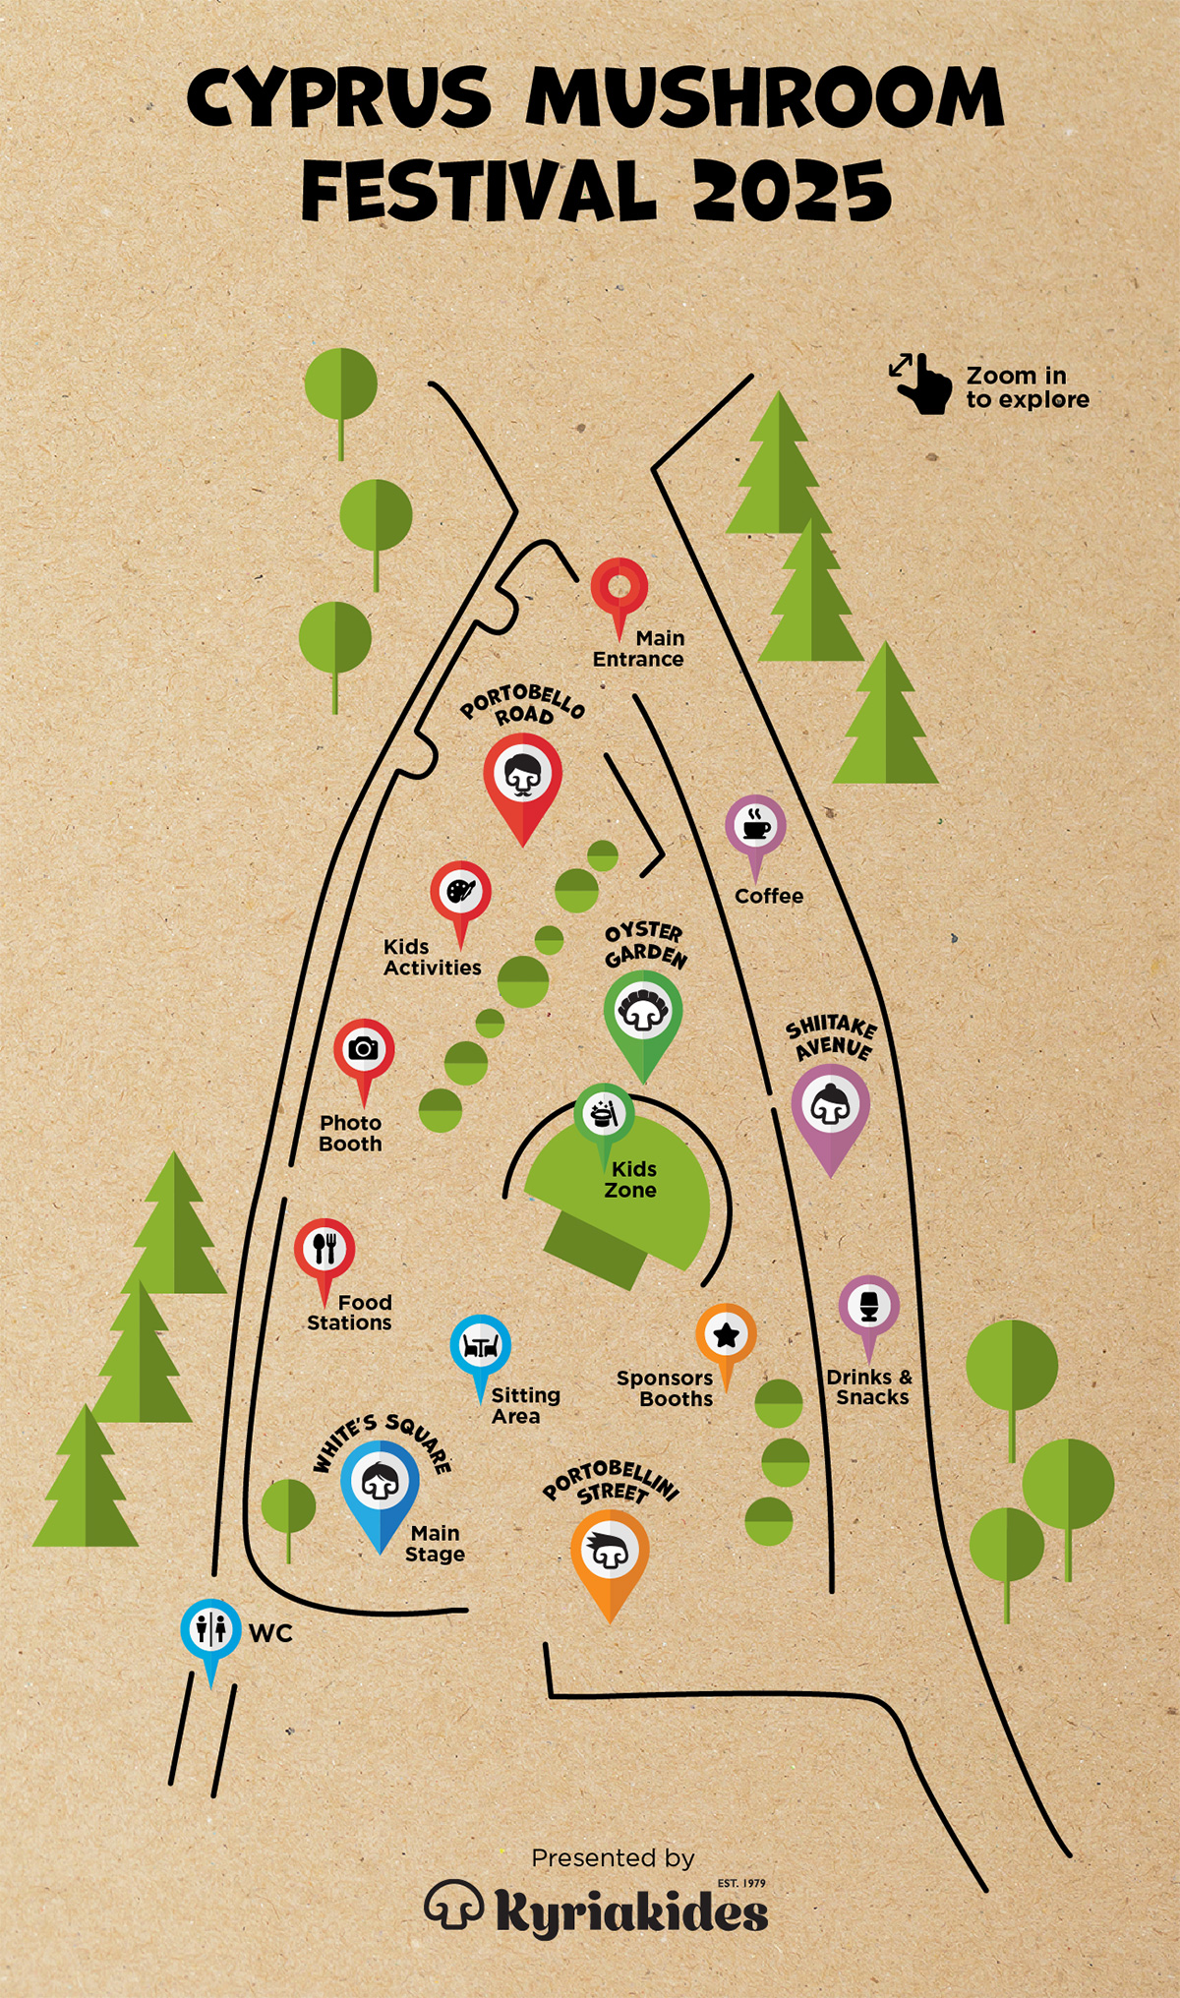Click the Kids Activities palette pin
[x=460, y=893]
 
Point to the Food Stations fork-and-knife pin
[x=324, y=1250]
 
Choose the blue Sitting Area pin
[x=480, y=1346]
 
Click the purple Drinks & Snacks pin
[x=868, y=1308]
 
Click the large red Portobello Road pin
[x=523, y=777]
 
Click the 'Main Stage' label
[x=435, y=1544]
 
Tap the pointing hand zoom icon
[x=921, y=383]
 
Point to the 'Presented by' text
[x=613, y=1858]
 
